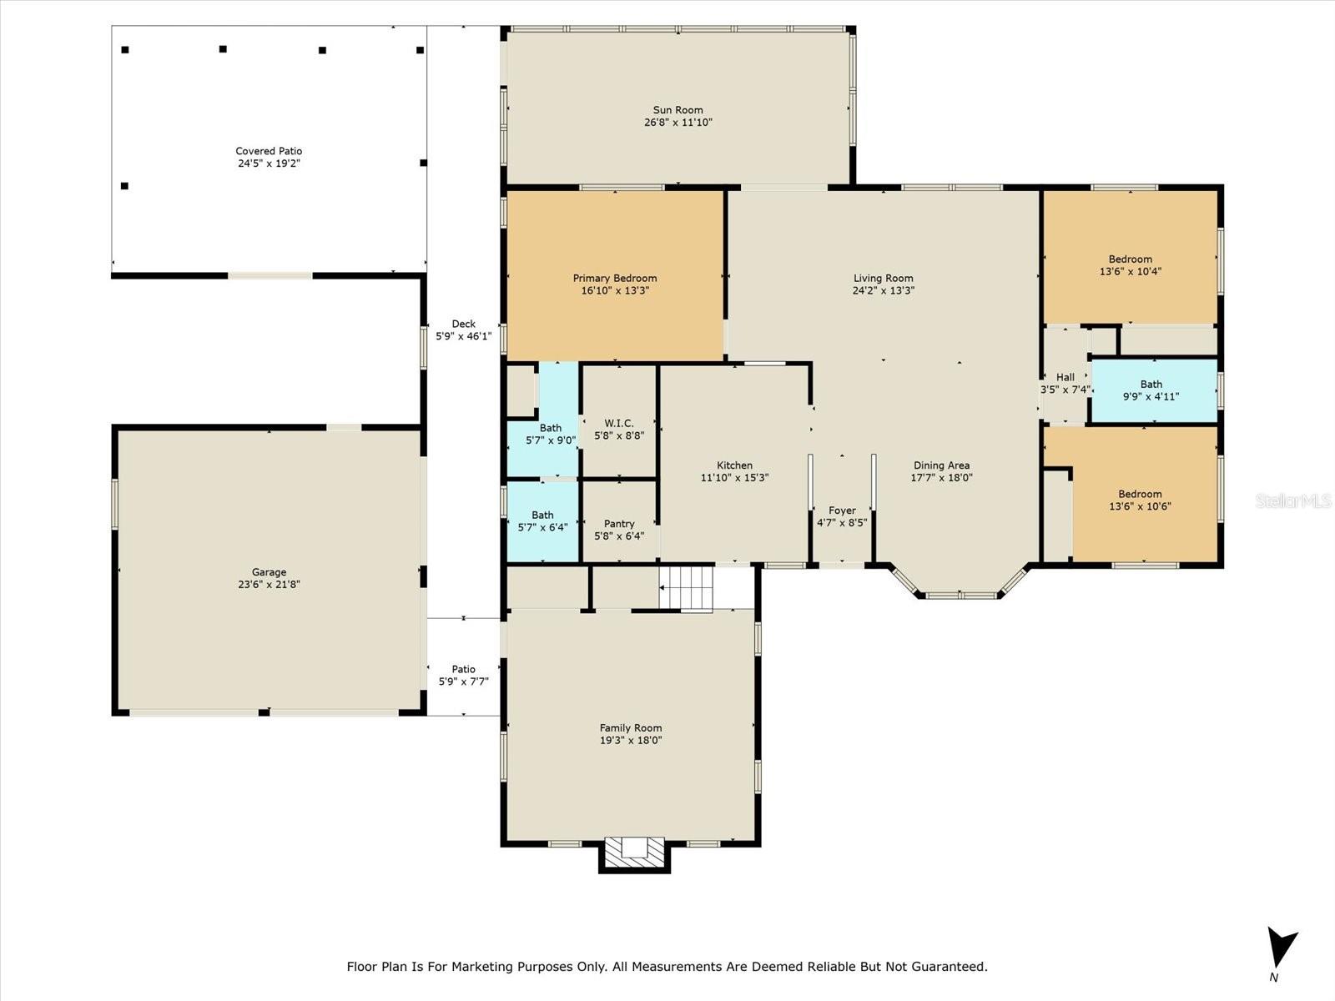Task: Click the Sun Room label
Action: click(678, 110)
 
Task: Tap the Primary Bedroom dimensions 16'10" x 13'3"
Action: click(615, 290)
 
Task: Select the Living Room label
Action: click(883, 279)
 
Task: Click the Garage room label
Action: click(269, 572)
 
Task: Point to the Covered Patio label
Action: click(269, 151)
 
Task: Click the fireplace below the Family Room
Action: click(634, 854)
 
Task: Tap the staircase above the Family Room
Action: click(686, 588)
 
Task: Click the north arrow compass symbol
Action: click(1279, 947)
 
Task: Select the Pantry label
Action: click(619, 524)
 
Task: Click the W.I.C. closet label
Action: click(619, 423)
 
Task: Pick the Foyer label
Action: click(842, 511)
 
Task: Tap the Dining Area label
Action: click(941, 465)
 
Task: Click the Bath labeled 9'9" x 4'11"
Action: click(1151, 390)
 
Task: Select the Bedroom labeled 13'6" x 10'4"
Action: click(1130, 265)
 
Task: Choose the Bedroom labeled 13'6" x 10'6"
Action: click(1140, 500)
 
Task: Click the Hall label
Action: click(1065, 377)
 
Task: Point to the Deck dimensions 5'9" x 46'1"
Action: click(463, 336)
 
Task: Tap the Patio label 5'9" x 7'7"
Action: click(463, 675)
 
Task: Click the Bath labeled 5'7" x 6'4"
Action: click(542, 521)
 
